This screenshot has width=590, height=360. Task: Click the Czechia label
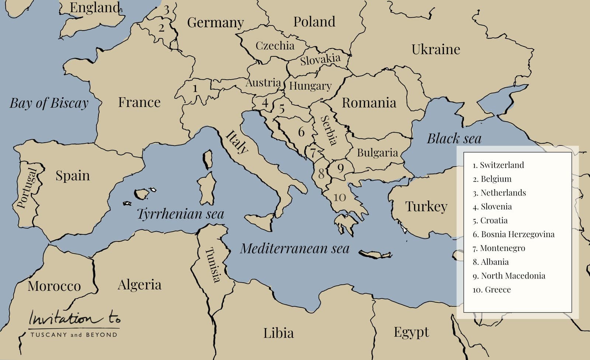pos(275,46)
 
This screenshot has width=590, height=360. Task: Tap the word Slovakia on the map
pos(320,59)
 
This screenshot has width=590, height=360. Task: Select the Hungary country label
pos(310,86)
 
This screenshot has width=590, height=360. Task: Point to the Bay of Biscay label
pos(49,103)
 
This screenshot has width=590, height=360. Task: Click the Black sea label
pos(454,139)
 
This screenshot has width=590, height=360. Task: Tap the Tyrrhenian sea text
pos(180,214)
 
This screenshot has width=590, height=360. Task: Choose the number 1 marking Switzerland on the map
pos(195,88)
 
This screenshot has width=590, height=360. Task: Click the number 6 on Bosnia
pos(301,132)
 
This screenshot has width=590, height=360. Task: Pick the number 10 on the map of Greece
pos(340,198)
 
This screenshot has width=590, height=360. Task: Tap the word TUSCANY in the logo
pos(49,335)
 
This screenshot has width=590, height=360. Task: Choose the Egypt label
pos(411,332)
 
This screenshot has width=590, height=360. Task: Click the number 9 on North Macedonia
pos(340,168)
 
